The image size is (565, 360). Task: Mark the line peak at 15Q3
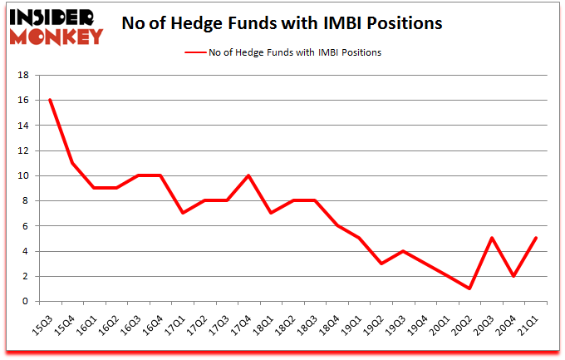50,100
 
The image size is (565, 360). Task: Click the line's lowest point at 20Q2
470,288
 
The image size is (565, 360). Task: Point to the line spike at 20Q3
492,238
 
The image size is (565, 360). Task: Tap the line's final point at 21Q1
536,238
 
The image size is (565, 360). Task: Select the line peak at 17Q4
248,175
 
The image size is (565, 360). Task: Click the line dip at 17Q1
182,213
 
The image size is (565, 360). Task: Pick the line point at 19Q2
381,264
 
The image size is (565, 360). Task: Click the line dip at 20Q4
514,276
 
